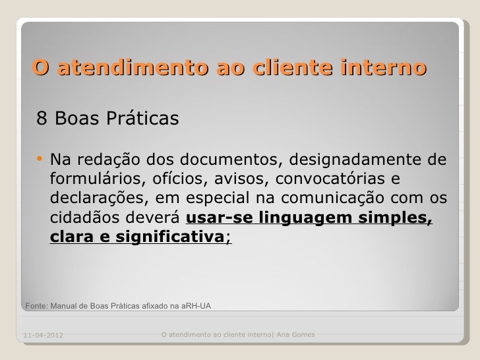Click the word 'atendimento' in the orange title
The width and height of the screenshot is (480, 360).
122,68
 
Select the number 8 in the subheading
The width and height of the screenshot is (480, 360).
42,119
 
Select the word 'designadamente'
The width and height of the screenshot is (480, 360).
349,160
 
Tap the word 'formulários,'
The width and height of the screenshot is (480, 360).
94,179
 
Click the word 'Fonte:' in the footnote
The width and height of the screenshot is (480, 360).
36,306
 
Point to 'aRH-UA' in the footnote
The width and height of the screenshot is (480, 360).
196,306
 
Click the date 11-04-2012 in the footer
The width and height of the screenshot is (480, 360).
44,337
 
